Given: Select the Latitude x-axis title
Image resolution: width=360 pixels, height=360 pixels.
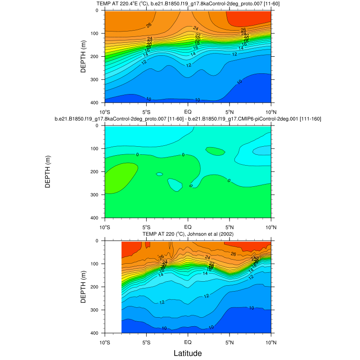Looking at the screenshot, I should pos(188,353).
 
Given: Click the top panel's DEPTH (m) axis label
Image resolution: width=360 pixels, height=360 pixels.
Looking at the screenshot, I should pos(84,57).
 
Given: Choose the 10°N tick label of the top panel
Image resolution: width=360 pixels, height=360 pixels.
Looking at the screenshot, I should pos(270,111).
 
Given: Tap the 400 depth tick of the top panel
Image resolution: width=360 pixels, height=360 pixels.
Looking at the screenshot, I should pos(96,103).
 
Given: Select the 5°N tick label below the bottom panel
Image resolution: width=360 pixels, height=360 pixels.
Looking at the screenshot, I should pos(229,341).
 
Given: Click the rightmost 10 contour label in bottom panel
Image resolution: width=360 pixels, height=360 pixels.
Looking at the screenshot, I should pos(252,308).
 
